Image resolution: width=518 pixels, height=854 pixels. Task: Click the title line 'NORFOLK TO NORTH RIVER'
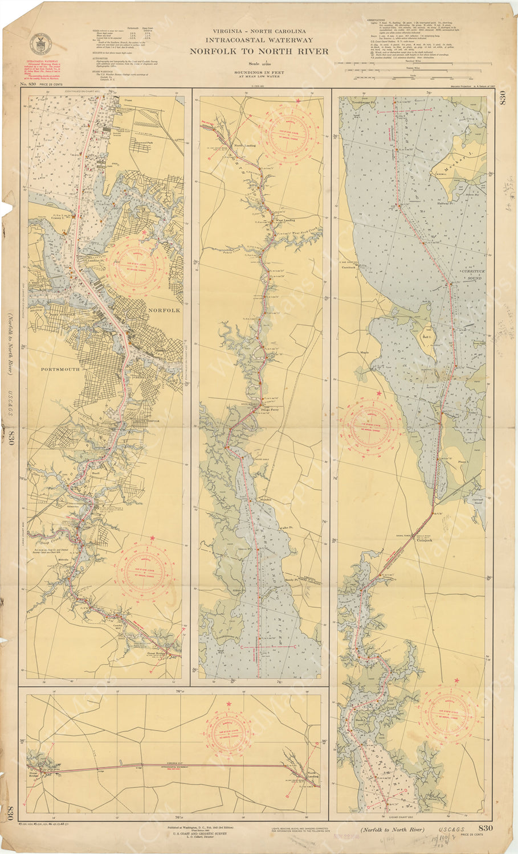[259, 51]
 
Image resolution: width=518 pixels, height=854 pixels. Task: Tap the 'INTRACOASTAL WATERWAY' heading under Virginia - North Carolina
[259, 40]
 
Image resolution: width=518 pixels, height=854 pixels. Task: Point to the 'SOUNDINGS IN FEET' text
[259, 72]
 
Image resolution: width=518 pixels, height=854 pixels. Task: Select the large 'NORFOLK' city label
[164, 310]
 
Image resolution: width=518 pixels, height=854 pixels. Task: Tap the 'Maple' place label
[365, 352]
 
